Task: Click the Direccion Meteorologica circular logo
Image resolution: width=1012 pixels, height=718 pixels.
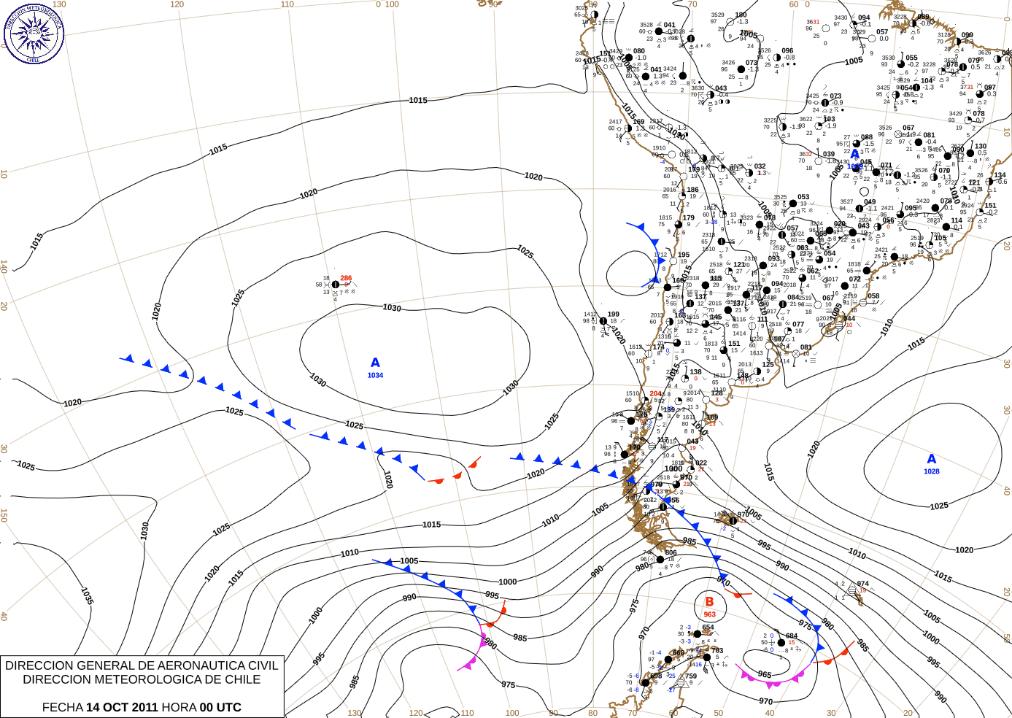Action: click(x=34, y=34)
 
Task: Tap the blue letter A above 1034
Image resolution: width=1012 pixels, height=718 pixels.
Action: click(x=375, y=363)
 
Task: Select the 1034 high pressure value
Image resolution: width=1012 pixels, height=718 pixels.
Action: click(x=375, y=375)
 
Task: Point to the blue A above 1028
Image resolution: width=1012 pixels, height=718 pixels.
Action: click(x=931, y=459)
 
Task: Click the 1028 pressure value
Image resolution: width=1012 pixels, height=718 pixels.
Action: click(x=932, y=471)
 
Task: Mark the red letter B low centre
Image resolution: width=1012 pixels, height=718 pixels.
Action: click(x=709, y=602)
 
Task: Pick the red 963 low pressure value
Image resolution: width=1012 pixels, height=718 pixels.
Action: click(x=709, y=614)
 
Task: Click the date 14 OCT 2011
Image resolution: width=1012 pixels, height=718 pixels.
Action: click(x=122, y=707)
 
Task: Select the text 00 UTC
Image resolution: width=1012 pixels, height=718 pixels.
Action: click(x=221, y=707)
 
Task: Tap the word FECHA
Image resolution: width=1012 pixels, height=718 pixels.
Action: click(x=62, y=707)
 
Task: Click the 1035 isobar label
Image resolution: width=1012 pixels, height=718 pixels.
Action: click(x=87, y=596)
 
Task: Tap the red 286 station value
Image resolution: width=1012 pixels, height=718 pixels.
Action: click(x=346, y=278)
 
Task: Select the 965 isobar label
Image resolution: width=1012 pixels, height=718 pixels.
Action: click(x=765, y=675)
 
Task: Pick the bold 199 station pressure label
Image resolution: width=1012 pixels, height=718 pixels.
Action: click(x=614, y=314)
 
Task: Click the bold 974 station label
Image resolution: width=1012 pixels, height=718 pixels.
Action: click(x=863, y=584)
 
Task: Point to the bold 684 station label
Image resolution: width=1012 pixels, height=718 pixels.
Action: click(x=792, y=636)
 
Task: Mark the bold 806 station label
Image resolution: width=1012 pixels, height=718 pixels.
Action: click(x=671, y=552)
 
